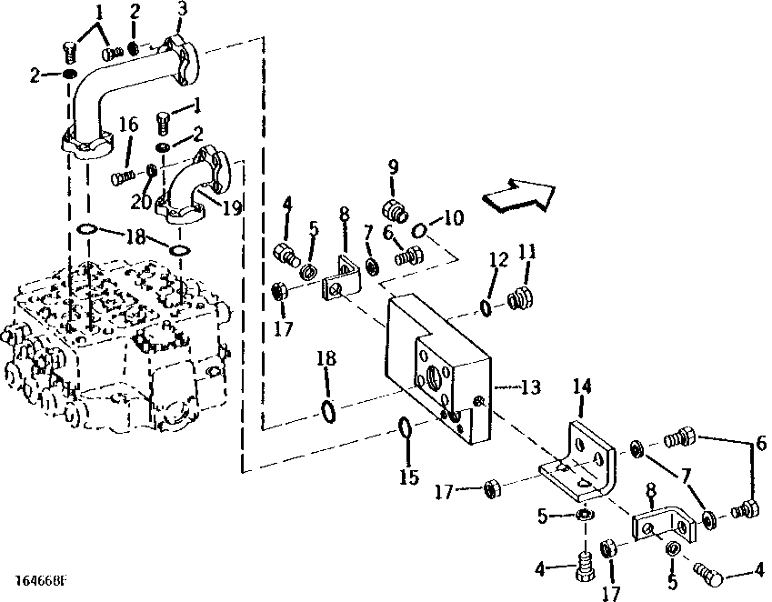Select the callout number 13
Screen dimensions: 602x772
(x=530, y=387)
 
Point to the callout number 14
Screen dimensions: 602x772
(x=583, y=387)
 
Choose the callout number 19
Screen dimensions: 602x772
(x=232, y=207)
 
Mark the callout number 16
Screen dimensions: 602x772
(x=128, y=124)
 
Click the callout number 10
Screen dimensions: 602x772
(x=453, y=218)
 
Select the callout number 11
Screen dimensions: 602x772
(x=526, y=251)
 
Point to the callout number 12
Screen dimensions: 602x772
(x=496, y=260)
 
